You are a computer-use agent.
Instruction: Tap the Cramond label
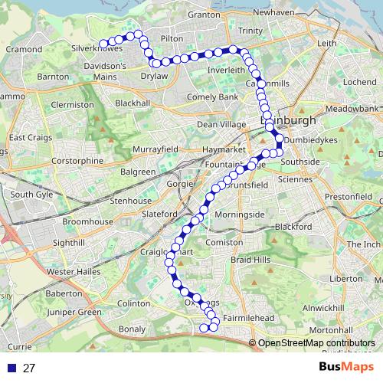tap(23, 49)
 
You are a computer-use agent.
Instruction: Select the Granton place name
tap(203, 15)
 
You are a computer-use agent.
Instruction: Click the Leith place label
tap(326, 44)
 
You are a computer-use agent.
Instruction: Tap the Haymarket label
tap(219, 150)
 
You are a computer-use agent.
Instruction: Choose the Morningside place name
tap(241, 214)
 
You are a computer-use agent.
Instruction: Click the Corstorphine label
tap(77, 162)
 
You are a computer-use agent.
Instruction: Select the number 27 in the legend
tap(29, 368)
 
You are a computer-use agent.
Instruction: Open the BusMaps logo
tap(342, 368)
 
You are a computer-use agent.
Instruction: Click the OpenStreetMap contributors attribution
tap(316, 342)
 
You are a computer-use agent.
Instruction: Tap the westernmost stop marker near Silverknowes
tap(103, 44)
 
